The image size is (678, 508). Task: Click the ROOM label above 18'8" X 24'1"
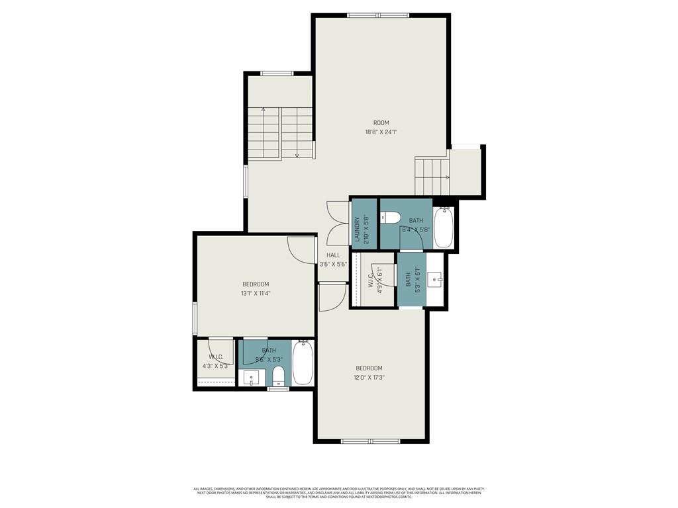[x=381, y=122]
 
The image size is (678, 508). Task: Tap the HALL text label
[x=333, y=255]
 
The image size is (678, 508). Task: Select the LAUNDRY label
[x=358, y=229]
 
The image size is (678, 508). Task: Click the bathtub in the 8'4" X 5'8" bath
[x=443, y=227]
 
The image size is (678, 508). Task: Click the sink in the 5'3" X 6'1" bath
[x=436, y=280]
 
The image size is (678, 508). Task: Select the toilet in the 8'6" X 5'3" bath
[x=278, y=376]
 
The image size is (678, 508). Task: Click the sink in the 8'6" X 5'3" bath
[x=251, y=378]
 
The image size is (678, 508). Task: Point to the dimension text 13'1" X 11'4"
[x=256, y=293]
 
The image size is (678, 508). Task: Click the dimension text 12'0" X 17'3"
[x=369, y=378]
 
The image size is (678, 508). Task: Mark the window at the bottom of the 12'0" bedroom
[x=371, y=441]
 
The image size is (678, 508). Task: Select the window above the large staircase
[x=277, y=73]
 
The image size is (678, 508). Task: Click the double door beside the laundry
[x=338, y=224]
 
